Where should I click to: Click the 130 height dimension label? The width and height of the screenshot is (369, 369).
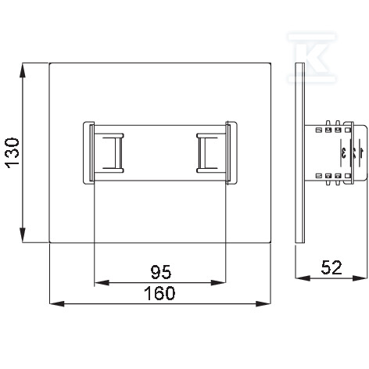click(13, 153)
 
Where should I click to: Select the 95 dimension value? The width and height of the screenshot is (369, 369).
click(161, 272)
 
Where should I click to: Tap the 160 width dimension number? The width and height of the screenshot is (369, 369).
click(159, 293)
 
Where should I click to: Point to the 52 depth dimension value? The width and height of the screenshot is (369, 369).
click(331, 267)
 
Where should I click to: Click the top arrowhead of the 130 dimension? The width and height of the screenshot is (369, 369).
click(23, 70)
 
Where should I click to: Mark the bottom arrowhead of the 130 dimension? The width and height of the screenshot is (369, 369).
click(23, 235)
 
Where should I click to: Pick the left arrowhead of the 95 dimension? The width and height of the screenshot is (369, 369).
click(102, 282)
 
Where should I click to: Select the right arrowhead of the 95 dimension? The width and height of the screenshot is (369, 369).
click(218, 282)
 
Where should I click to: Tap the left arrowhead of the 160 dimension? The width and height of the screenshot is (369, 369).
click(57, 303)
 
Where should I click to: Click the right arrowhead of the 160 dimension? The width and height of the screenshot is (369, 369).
click(263, 303)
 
